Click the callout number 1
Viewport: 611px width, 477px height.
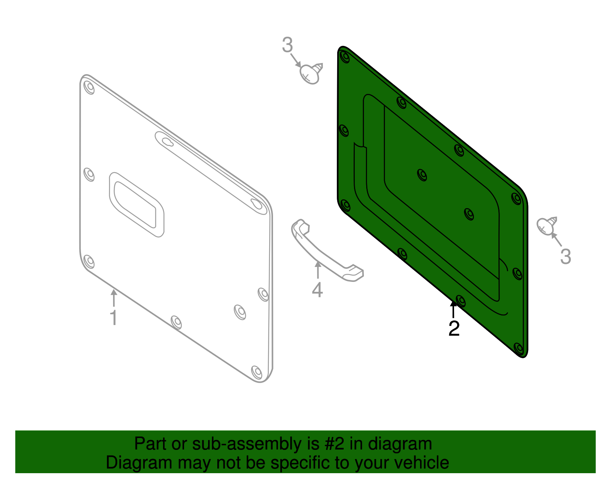tap(113, 318)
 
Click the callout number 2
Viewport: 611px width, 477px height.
tap(454, 328)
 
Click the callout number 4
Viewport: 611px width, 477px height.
tap(317, 290)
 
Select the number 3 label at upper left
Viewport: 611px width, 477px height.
tap(287, 45)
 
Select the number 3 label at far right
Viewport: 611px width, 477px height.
tap(566, 256)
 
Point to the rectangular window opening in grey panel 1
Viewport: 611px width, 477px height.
tap(136, 204)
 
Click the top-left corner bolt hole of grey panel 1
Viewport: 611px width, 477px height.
tap(89, 87)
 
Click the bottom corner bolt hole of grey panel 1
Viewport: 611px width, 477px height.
tap(257, 372)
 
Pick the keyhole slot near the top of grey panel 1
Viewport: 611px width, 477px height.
tap(167, 142)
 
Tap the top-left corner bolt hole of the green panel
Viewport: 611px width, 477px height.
tap(345, 57)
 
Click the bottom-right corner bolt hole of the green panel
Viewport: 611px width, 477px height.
tap(519, 348)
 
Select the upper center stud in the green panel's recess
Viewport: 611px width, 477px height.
tap(422, 175)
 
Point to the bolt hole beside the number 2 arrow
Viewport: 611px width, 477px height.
tap(461, 301)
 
